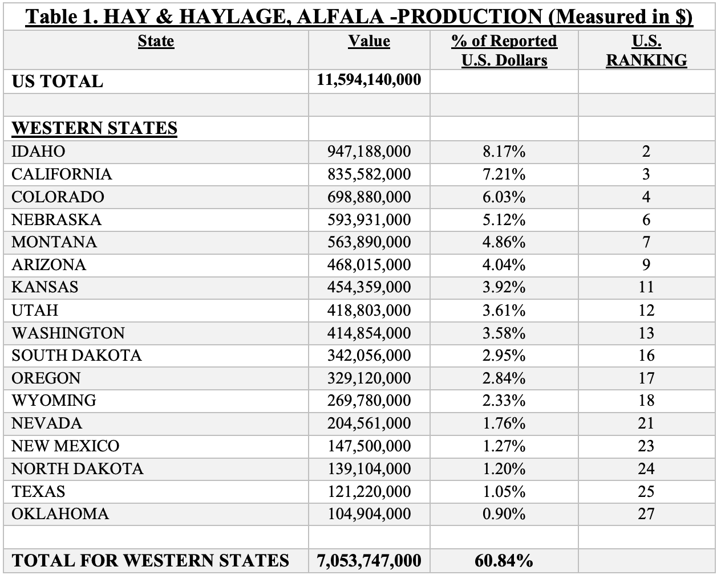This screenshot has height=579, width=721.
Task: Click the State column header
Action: [x=156, y=41]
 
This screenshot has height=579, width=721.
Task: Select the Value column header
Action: [x=369, y=41]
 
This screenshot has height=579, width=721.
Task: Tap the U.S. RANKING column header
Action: [x=646, y=51]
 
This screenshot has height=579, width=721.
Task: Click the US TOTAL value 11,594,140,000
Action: [x=369, y=79]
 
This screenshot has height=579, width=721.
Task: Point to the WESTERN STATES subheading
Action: [x=94, y=128]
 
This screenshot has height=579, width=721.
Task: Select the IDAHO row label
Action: [x=38, y=152]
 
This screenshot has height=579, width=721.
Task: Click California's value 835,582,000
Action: [x=369, y=174]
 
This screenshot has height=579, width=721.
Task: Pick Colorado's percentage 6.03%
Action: [x=504, y=197]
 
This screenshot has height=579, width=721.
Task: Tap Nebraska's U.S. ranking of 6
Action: [x=646, y=220]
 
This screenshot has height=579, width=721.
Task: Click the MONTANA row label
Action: [x=54, y=242]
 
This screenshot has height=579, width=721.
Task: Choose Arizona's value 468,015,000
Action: [x=369, y=265]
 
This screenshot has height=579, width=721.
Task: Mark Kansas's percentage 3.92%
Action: [x=504, y=287]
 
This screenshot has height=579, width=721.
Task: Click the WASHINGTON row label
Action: [x=68, y=333]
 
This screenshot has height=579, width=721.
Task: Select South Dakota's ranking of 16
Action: [x=646, y=356]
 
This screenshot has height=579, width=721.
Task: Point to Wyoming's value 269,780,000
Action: [x=369, y=401]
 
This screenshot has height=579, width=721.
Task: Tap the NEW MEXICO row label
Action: [x=66, y=446]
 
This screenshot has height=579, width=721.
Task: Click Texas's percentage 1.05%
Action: [x=504, y=491]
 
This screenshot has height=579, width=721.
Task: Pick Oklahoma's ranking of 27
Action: [x=646, y=514]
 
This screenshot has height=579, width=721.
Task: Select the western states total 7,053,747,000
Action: [x=369, y=561]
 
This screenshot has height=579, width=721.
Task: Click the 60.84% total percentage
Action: [x=504, y=561]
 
